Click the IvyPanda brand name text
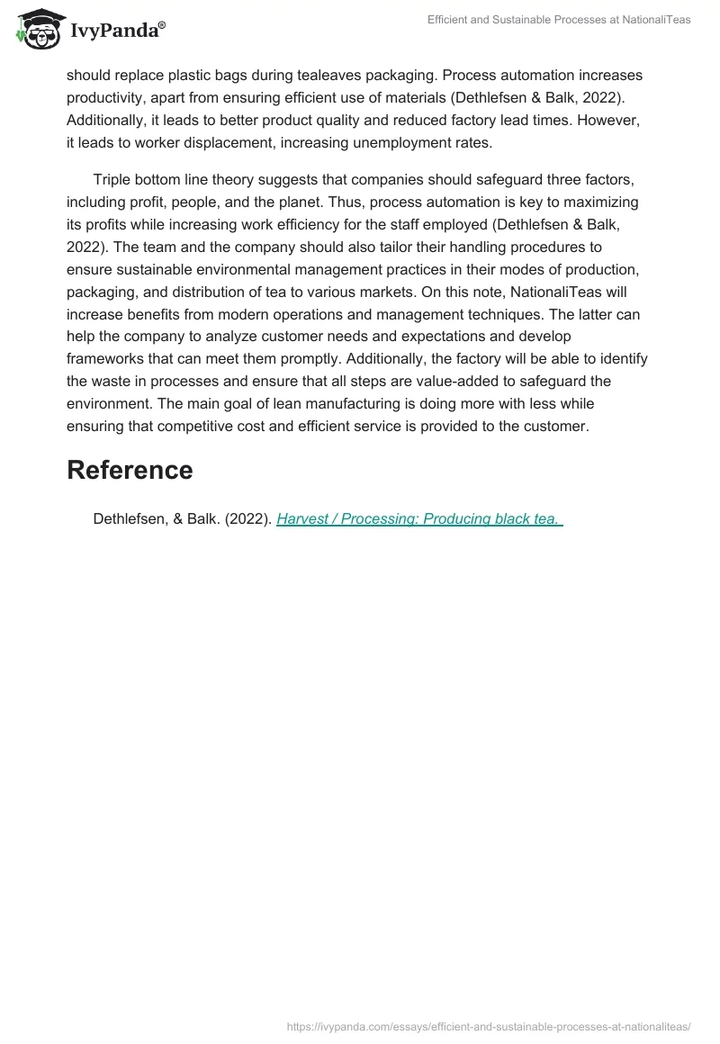click(115, 31)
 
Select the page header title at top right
click(558, 20)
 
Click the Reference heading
click(130, 470)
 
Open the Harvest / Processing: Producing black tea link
click(419, 518)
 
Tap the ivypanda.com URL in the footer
click(489, 1025)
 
